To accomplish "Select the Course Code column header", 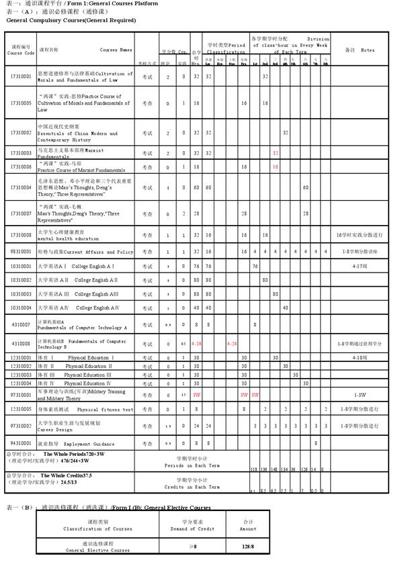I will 21,50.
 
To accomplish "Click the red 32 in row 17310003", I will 276,153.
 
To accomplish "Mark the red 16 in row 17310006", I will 276,167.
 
